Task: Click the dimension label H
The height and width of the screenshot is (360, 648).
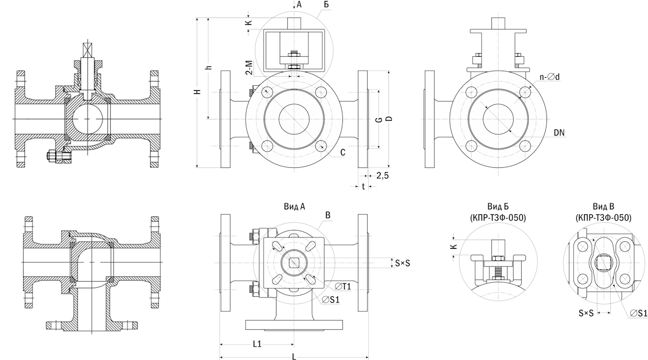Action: coord(198,91)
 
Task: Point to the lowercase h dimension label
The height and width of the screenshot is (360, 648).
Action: coord(208,67)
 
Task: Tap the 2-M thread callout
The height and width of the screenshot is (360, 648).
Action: coord(249,67)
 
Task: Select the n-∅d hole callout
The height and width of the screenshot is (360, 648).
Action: coord(550,77)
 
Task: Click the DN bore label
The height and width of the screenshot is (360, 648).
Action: coord(559,132)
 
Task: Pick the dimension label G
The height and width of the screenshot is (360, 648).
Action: coord(380,119)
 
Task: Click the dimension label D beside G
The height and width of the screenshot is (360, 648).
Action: coord(389,119)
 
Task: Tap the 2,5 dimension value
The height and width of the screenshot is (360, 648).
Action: coord(382,175)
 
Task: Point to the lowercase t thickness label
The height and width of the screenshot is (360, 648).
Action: coord(363,187)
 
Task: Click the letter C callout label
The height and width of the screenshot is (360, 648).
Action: coord(343,152)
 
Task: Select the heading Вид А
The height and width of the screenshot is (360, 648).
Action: coord(294,207)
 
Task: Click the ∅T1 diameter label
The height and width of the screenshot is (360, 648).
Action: coord(343,287)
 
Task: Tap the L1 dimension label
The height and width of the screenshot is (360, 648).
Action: coord(257,344)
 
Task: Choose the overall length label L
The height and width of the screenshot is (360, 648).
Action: coord(294,357)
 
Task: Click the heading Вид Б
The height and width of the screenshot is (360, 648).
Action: coord(498,207)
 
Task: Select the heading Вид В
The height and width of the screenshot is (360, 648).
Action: coord(604,207)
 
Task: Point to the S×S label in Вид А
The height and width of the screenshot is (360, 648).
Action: coord(403,263)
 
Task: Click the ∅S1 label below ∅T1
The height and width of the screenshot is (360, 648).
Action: coord(331,300)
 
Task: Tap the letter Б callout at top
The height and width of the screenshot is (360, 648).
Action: coord(326,5)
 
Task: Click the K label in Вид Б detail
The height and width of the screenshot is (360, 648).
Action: coord(454,246)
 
